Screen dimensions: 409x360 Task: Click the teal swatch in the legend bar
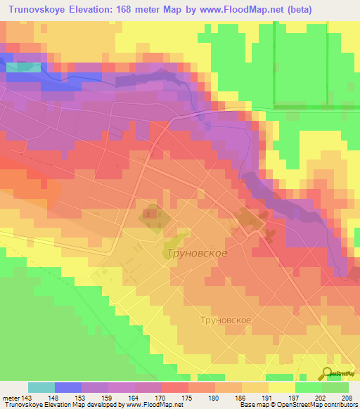[x=41, y=387]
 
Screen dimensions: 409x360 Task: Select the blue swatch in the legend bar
[x=67, y=387]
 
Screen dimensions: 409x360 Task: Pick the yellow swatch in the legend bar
[x=282, y=387]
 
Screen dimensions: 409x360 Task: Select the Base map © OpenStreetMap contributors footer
[x=307, y=405]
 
